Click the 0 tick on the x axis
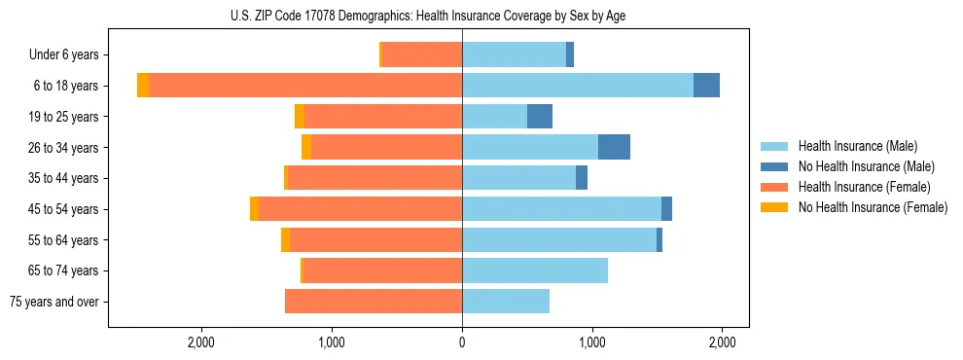[x=462, y=342]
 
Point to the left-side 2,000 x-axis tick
[x=201, y=342]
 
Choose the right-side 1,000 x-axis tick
[x=592, y=342]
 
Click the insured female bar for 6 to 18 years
[x=304, y=86]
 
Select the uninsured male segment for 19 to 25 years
[x=540, y=117]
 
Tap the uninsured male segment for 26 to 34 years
[x=614, y=147]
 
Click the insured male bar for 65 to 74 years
[x=535, y=270]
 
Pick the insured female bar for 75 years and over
[x=374, y=302]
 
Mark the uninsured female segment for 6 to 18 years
[x=143, y=86]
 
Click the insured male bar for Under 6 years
[x=514, y=54]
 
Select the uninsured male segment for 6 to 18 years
[x=706, y=86]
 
